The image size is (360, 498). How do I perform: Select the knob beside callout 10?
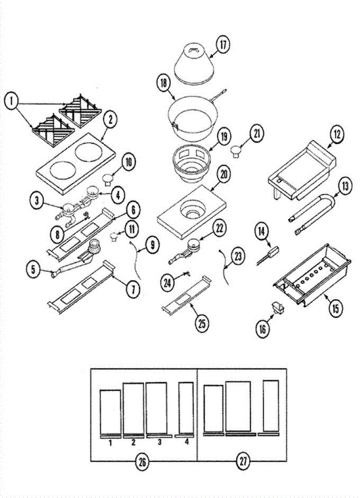click(108, 179)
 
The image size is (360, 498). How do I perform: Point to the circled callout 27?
click(243, 461)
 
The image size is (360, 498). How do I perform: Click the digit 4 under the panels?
click(186, 442)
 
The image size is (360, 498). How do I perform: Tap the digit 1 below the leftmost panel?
click(110, 443)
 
